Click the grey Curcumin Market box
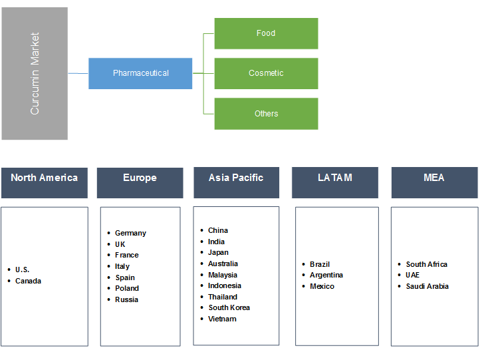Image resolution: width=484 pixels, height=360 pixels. [35, 73]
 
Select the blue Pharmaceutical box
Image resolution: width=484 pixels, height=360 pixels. [140, 73]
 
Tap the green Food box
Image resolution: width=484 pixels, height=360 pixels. [266, 33]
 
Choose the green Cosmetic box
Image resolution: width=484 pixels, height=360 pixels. [266, 73]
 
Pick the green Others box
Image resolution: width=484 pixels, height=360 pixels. [266, 114]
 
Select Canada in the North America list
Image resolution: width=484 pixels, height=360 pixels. [28, 281]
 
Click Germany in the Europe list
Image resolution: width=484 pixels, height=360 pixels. [130, 233]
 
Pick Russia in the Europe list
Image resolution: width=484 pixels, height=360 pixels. [126, 299]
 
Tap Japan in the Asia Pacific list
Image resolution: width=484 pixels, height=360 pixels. [218, 253]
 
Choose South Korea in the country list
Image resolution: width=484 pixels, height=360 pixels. [229, 308]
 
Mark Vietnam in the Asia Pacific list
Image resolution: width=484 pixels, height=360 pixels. [222, 319]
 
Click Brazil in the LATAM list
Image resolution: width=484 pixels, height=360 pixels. [320, 264]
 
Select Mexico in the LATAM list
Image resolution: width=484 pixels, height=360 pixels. [322, 286]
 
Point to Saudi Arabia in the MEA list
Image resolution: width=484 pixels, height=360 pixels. [427, 286]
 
